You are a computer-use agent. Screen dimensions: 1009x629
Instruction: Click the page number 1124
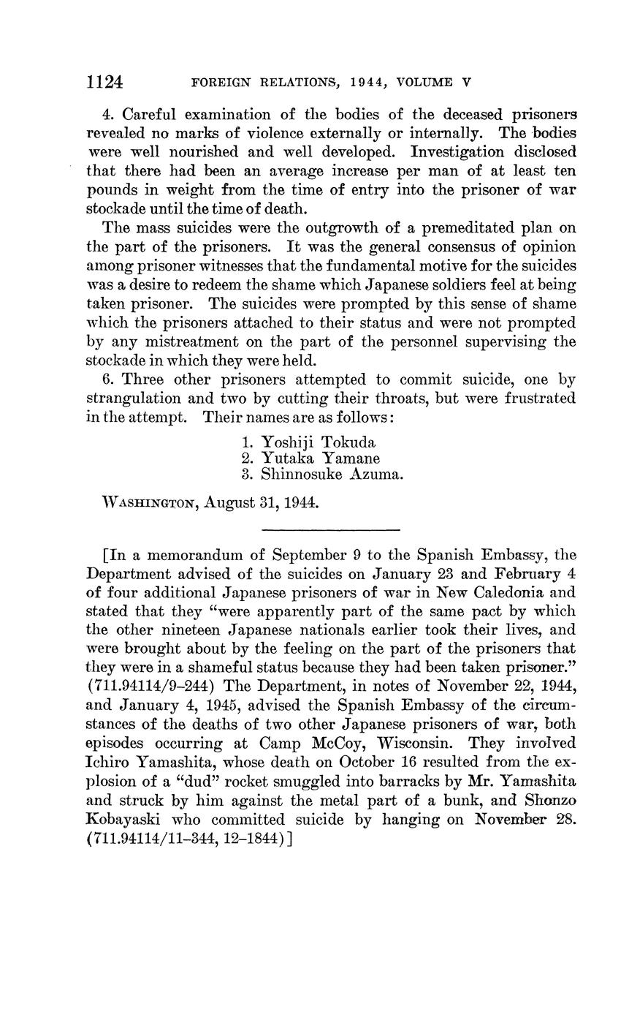[105, 81]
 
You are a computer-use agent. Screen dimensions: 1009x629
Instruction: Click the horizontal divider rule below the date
[330, 529]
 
